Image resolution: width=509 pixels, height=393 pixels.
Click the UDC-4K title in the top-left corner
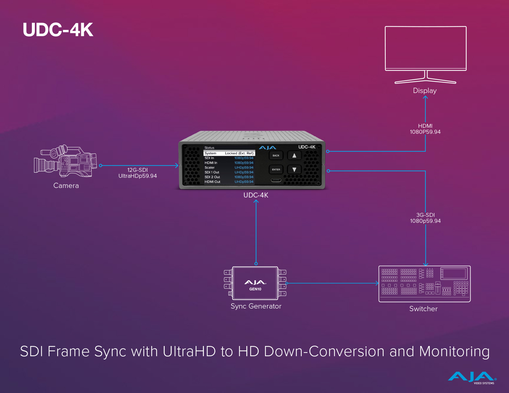click(58, 30)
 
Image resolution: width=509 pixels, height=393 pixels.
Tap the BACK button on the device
click(276, 155)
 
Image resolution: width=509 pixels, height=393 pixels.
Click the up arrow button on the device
click(294, 155)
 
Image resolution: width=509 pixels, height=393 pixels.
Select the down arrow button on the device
click(294, 170)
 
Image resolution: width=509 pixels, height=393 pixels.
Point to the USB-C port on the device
click(276, 180)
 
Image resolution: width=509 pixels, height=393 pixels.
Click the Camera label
click(66, 186)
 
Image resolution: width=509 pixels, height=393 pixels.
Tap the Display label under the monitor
click(425, 91)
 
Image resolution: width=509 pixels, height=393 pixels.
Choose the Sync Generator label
click(256, 306)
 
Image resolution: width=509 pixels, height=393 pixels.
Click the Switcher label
click(424, 309)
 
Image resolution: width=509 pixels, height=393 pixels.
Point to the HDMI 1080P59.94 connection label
click(425, 129)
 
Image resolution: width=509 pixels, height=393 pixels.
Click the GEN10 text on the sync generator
click(255, 289)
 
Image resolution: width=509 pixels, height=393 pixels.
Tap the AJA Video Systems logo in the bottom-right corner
click(472, 378)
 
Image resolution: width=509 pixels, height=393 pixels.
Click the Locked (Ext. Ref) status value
click(239, 153)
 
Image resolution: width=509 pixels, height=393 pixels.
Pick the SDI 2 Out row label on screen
click(212, 177)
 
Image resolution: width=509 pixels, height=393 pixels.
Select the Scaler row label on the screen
click(209, 168)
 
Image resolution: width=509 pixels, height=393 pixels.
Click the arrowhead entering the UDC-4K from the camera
click(177, 166)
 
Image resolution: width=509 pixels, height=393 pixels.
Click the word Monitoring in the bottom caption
click(454, 352)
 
